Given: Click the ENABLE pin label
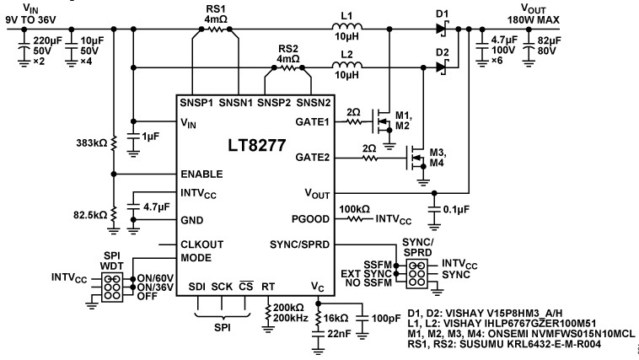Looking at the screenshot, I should coord(201,175).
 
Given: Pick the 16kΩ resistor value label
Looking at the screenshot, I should coord(336,319).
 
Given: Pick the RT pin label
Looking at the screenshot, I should coord(267,286).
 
